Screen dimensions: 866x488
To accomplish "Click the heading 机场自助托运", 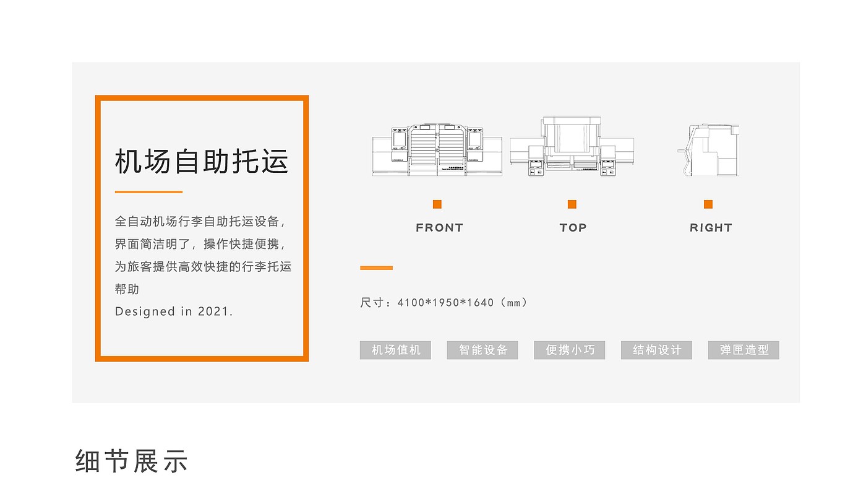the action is [x=202, y=161].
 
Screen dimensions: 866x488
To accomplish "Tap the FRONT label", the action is [x=439, y=228].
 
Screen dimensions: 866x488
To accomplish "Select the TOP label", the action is [x=573, y=228].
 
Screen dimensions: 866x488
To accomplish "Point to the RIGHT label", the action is [x=711, y=228].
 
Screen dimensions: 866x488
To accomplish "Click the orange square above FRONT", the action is [x=437, y=204].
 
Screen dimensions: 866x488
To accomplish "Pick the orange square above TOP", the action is [x=572, y=204].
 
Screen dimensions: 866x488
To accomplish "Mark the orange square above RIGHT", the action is [x=708, y=204].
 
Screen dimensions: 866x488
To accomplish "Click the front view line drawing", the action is [x=437, y=149].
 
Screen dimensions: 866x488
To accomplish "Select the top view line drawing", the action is [x=572, y=146].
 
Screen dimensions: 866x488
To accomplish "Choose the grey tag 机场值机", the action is [x=395, y=350].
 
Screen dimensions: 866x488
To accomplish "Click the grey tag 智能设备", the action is [x=482, y=350].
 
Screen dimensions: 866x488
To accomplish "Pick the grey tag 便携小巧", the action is [x=570, y=350].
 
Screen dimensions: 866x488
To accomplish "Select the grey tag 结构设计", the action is [x=656, y=350].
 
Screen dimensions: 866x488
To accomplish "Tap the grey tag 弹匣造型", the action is [x=744, y=350].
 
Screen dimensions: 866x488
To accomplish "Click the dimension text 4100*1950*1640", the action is [x=445, y=303].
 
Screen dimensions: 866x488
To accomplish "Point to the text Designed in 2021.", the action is [x=174, y=312].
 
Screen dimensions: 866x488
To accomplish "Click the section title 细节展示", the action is [x=131, y=461].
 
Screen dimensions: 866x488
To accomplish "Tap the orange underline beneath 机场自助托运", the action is [x=148, y=192].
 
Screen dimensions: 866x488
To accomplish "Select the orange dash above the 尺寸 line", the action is [x=376, y=268].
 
